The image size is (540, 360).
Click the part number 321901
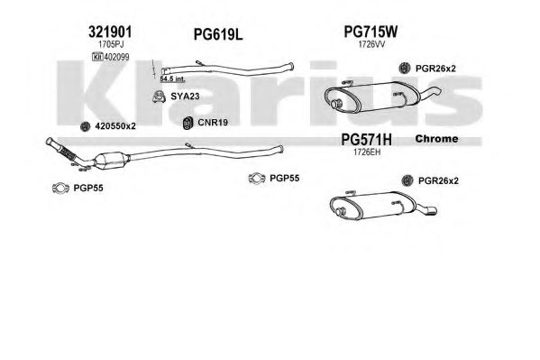click(x=110, y=32)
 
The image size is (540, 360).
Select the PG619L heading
click(x=218, y=34)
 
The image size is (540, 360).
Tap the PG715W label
click(x=371, y=32)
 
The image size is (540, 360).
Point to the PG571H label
click(x=366, y=140)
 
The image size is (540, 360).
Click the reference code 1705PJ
click(x=111, y=44)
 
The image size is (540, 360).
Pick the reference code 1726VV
click(x=371, y=44)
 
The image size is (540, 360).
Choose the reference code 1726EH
click(x=367, y=152)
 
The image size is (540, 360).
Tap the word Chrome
click(x=436, y=139)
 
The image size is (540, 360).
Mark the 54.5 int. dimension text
click(x=172, y=79)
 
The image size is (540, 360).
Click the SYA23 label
click(x=185, y=97)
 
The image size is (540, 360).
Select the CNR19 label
click(x=213, y=123)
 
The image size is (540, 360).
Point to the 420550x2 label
click(x=115, y=126)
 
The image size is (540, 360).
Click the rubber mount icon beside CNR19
click(x=188, y=123)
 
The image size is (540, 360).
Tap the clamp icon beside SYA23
click(x=159, y=97)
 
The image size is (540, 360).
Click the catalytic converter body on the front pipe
click(x=112, y=161)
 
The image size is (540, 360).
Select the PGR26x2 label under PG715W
click(x=435, y=69)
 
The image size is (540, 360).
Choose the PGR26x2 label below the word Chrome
click(x=438, y=180)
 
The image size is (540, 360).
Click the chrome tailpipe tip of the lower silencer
click(x=431, y=210)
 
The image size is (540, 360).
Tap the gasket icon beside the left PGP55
click(x=60, y=189)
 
